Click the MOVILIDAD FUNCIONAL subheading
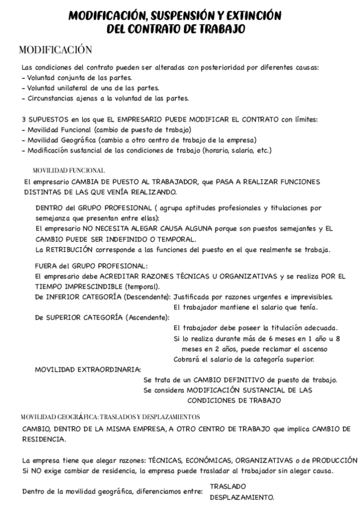point(69,170)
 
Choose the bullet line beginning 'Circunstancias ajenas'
point(105,98)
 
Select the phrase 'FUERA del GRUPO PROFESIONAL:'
point(91,265)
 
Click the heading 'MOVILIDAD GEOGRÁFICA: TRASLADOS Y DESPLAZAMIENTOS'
point(111,416)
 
